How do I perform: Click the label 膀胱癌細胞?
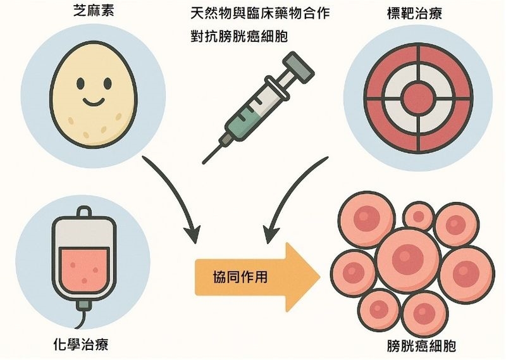pos(421,346)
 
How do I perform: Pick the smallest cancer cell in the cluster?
pos(417,216)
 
